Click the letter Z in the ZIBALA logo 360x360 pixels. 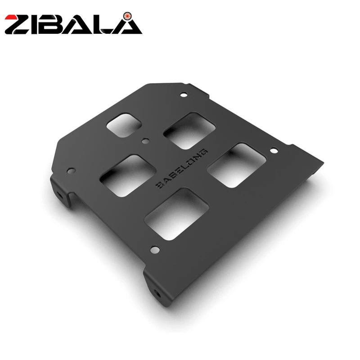[x=19, y=25]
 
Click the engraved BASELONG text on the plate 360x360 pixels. [x=182, y=168]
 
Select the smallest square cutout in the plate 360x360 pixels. [x=124, y=125]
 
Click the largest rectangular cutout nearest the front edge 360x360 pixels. [x=176, y=214]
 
